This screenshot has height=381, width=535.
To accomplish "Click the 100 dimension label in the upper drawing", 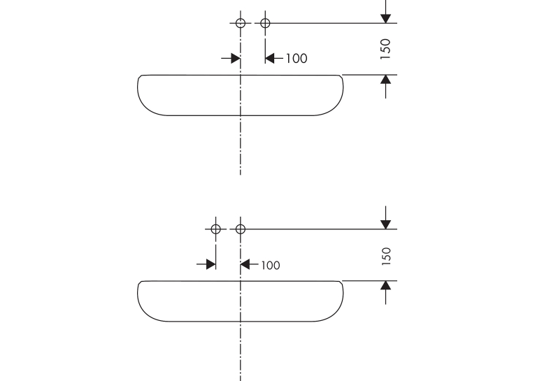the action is point(296,58).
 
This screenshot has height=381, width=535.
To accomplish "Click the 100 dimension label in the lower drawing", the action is point(271,265).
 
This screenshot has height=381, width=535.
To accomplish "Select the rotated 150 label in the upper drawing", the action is point(385,49).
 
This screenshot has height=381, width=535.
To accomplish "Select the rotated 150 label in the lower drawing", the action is point(386,256).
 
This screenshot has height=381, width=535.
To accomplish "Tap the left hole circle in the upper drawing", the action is point(241,20).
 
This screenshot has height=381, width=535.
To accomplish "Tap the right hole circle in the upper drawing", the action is point(265,20).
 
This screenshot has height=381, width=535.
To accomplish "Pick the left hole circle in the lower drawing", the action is point(215,225).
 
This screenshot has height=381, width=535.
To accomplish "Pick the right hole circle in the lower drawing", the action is point(241,225).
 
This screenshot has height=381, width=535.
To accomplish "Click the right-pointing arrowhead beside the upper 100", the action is point(236,58).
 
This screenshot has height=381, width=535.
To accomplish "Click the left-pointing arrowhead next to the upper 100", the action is point(270,58).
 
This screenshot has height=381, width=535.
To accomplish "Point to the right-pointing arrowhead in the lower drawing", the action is point(211,264).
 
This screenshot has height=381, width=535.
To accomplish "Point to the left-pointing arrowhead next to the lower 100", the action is point(245,264).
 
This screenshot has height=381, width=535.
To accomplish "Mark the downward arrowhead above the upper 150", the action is point(385,18).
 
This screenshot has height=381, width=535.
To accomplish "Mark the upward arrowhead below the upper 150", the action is point(385,80).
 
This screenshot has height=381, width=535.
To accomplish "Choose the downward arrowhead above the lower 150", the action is point(385,224).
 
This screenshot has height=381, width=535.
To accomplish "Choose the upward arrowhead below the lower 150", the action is point(385,285).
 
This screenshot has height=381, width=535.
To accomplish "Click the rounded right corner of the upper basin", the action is point(335,108).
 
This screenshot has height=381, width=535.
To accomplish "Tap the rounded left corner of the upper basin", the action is point(146,108).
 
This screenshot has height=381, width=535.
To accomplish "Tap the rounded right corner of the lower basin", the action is point(335,314).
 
